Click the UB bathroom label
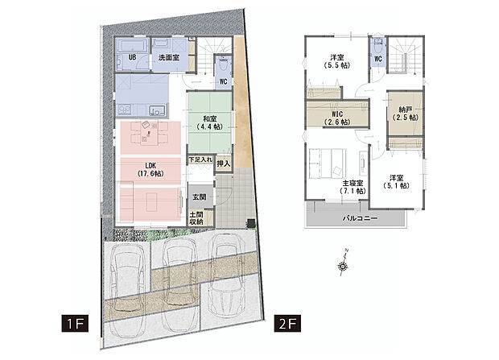pos(132,58)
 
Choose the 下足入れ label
pos(200,161)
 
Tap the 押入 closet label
pos(224,164)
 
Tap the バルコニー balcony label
pos(355,218)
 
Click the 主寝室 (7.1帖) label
pos(349,188)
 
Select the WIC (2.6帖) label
pos(337,118)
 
